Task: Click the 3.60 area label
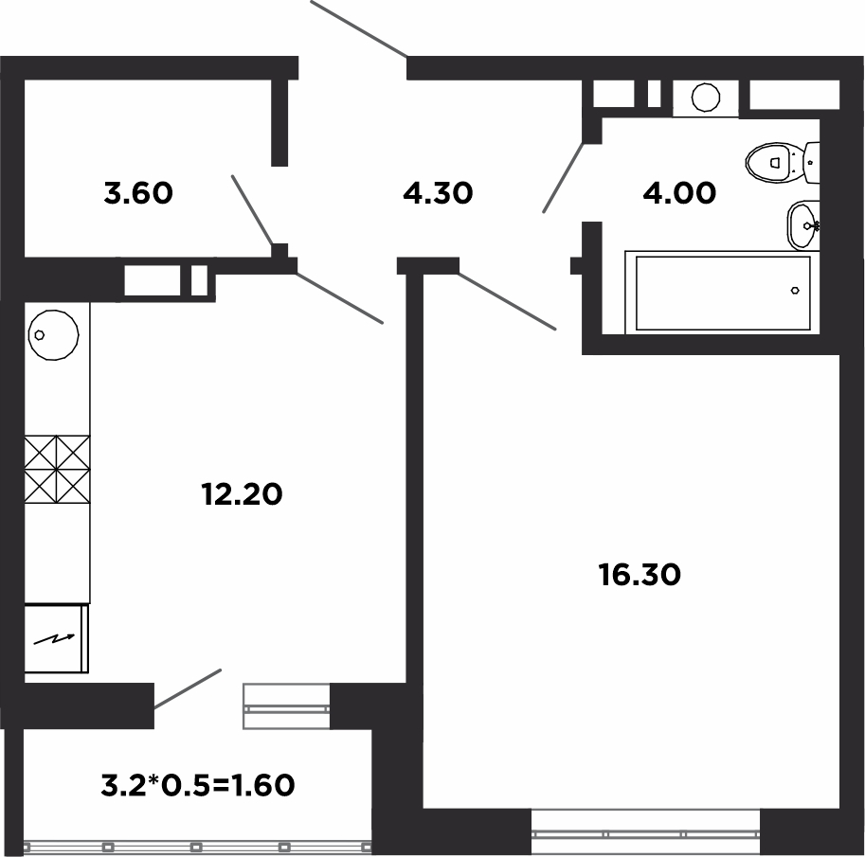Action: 138,193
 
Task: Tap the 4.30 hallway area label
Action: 438,193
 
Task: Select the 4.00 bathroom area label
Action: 679,193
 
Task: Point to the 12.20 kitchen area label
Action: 242,494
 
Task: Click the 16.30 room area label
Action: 640,575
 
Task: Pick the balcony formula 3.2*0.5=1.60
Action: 198,785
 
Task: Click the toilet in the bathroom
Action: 783,163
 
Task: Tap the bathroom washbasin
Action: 803,225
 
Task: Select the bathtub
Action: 722,293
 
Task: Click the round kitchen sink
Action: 53,334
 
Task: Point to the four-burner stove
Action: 57,469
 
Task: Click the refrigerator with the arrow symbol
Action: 56,638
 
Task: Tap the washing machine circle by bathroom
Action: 706,98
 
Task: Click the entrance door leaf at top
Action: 359,28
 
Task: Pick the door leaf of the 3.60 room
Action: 253,210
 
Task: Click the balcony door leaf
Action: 188,689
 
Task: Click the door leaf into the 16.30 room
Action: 507,300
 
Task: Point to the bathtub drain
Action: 795,291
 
